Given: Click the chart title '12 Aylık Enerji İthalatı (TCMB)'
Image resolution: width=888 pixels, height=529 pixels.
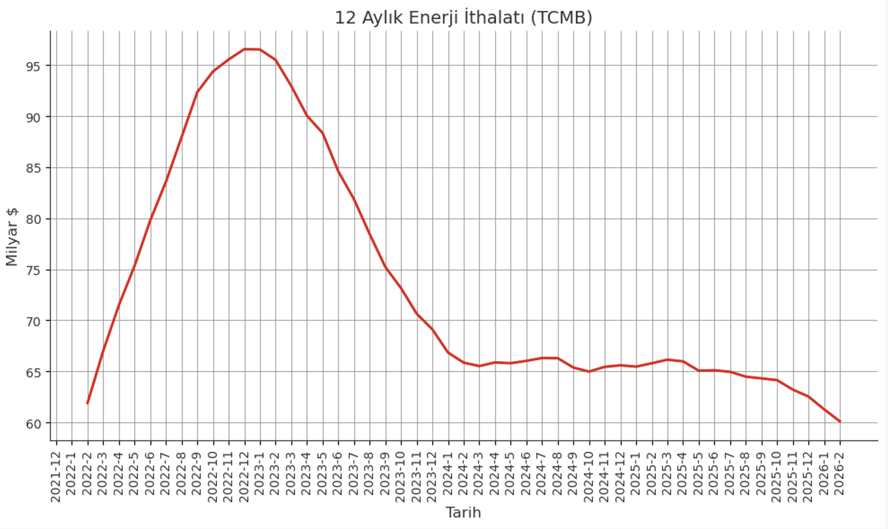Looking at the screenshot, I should [463, 18].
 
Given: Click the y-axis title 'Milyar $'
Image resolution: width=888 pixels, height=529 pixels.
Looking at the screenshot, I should [12, 237].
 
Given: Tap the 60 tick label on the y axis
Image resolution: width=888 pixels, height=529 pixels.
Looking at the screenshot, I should [33, 424].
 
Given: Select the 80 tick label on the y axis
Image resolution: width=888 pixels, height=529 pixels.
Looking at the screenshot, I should [33, 219].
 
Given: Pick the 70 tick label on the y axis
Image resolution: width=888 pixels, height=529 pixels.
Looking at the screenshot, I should [33, 322].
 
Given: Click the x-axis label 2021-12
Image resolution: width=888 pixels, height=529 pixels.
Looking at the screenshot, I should [56, 477].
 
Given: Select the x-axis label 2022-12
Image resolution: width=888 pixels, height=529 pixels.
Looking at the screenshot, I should [245, 477].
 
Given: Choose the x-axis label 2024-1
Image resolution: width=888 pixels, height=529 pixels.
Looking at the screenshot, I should [448, 473].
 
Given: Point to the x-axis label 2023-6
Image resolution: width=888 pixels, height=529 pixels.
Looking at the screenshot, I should [338, 473].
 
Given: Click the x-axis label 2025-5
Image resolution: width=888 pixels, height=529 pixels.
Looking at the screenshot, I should [698, 473].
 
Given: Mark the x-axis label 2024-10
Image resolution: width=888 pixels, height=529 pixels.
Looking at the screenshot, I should [589, 477].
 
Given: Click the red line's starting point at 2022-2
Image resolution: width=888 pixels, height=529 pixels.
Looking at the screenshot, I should [88, 403].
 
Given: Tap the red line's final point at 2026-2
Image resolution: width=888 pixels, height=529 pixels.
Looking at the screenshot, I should [840, 422].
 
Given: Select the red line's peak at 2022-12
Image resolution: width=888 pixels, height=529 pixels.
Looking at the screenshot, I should [245, 49].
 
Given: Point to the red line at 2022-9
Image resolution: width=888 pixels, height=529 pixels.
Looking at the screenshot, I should [197, 92].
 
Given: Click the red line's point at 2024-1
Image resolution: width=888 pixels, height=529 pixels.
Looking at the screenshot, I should [448, 352].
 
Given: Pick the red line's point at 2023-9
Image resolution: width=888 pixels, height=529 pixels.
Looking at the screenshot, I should [386, 267].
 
